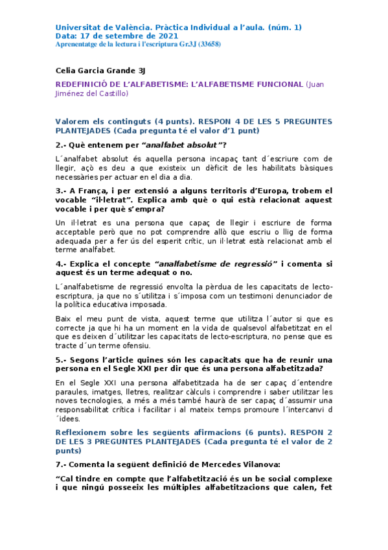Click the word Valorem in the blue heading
pyautogui.click(x=74, y=121)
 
